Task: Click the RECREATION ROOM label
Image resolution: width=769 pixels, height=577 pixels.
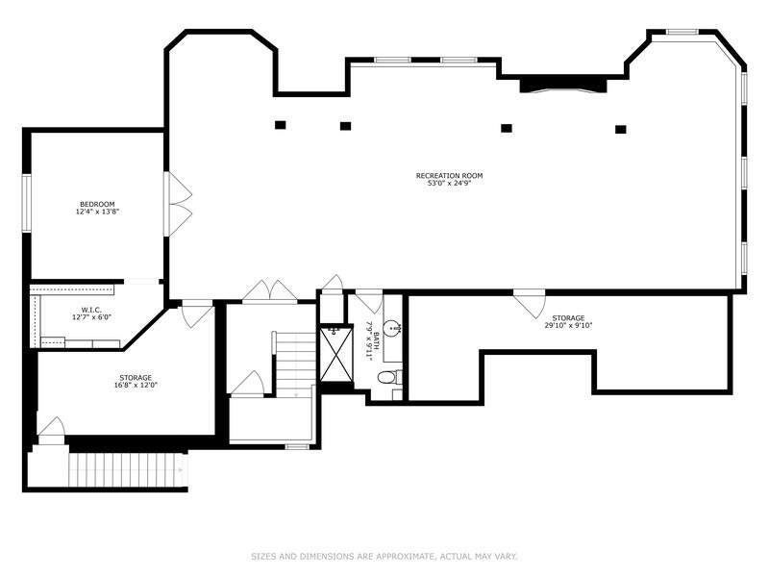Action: pyautogui.click(x=449, y=176)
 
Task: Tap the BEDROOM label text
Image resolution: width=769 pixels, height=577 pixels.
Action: pyautogui.click(x=97, y=204)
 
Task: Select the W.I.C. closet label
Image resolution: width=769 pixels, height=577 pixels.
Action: pyautogui.click(x=91, y=310)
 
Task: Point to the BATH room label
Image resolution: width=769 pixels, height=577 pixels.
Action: pyautogui.click(x=376, y=341)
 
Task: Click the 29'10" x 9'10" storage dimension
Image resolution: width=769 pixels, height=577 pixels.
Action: pyautogui.click(x=568, y=325)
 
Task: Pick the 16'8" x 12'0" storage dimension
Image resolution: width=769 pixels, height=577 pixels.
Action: pyautogui.click(x=136, y=386)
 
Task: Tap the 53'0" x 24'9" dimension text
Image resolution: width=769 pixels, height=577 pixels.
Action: pyautogui.click(x=449, y=183)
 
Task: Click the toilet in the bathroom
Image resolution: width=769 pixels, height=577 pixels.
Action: pyautogui.click(x=390, y=377)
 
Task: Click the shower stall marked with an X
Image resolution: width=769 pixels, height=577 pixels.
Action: pyautogui.click(x=336, y=353)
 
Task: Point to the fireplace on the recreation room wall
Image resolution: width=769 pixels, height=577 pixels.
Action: pyautogui.click(x=563, y=85)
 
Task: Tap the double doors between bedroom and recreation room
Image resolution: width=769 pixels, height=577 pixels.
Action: pyautogui.click(x=179, y=204)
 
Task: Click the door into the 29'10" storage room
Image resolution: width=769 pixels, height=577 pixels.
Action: pyautogui.click(x=530, y=303)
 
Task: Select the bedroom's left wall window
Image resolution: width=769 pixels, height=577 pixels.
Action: pyautogui.click(x=27, y=203)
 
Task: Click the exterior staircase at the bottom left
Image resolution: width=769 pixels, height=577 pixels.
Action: pyautogui.click(x=128, y=469)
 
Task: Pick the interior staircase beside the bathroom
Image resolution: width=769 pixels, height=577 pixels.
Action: pyautogui.click(x=295, y=364)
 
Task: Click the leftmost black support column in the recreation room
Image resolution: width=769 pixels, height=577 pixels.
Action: pyautogui.click(x=280, y=125)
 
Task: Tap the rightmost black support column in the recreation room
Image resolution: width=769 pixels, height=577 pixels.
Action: pyautogui.click(x=621, y=130)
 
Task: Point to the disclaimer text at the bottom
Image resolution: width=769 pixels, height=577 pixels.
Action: pyautogui.click(x=384, y=557)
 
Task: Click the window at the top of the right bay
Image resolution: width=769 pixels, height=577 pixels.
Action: pyautogui.click(x=682, y=33)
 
